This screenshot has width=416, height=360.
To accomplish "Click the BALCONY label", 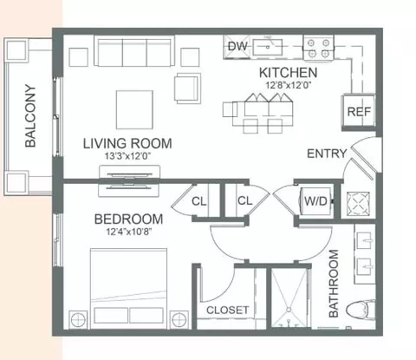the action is pyautogui.click(x=30, y=115).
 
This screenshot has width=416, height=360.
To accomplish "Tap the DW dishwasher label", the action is pyautogui.click(x=237, y=46).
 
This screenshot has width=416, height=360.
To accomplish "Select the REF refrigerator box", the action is pyautogui.click(x=359, y=111).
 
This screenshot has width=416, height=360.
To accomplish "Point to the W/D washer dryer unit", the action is pyautogui.click(x=316, y=201).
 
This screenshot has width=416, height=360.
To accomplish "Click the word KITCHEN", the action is pyautogui.click(x=288, y=73).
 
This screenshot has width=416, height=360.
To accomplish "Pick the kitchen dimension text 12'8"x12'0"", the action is pyautogui.click(x=288, y=85).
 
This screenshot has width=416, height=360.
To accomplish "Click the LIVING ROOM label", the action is pyautogui.click(x=127, y=143).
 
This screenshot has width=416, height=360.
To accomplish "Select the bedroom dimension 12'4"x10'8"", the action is pyautogui.click(x=129, y=232).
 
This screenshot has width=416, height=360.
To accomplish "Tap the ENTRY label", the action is pyautogui.click(x=327, y=154).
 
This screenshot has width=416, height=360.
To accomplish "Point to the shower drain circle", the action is pyautogui.click(x=289, y=310).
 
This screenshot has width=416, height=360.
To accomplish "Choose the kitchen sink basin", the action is pyautogui.click(x=268, y=48).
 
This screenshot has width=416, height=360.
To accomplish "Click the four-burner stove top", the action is pyautogui.click(x=318, y=48).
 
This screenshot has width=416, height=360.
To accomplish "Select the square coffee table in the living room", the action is pyautogui.click(x=134, y=109).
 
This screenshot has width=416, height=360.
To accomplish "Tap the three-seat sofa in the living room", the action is pyautogui.click(x=134, y=51).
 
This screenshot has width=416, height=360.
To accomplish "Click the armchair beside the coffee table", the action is pyautogui.click(x=187, y=88).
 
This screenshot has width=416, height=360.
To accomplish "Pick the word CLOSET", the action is pyautogui.click(x=227, y=311).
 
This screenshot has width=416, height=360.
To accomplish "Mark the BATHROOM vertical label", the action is pyautogui.click(x=334, y=284).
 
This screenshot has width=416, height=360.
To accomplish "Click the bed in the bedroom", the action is pyautogui.click(x=128, y=288).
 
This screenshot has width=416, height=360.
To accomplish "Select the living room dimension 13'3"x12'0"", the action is pyautogui.click(x=127, y=156).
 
